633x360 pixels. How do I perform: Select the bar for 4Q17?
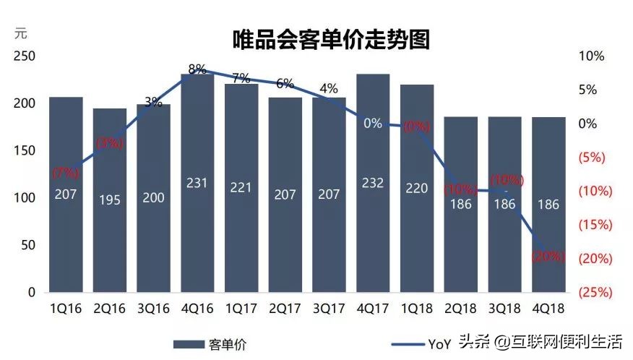(x=373, y=217)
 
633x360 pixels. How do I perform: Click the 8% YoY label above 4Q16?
(x=197, y=69)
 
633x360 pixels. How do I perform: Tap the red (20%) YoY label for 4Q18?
(x=548, y=257)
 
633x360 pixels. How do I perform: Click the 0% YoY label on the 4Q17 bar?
(x=373, y=124)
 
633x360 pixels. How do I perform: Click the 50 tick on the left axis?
(x=27, y=246)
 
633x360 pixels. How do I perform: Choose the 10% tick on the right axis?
(x=592, y=56)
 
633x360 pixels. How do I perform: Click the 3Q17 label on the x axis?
(x=329, y=309)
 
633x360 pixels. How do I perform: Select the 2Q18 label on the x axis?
(x=460, y=309)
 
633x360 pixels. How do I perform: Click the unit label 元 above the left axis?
(x=21, y=33)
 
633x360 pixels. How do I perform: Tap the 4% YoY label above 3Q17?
(x=329, y=89)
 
